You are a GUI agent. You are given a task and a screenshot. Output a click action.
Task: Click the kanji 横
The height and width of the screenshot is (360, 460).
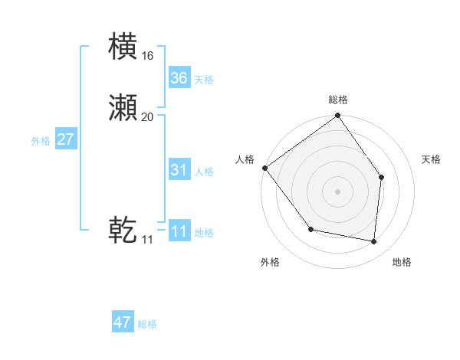click(123, 47)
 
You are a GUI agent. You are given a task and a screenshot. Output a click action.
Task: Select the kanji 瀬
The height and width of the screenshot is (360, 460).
click(123, 108)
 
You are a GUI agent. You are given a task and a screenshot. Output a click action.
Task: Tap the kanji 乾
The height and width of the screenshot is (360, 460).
click(123, 230)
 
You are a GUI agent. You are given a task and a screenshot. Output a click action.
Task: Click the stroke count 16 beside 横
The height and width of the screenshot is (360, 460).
click(147, 56)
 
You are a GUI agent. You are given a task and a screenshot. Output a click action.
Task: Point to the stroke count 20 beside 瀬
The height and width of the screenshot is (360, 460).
click(147, 117)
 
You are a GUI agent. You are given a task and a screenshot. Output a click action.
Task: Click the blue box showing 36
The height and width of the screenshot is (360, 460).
click(179, 78)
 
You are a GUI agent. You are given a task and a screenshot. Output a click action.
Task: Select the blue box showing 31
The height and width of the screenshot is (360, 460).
click(179, 170)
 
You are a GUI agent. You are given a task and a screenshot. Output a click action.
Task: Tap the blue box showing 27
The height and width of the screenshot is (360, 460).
click(66, 139)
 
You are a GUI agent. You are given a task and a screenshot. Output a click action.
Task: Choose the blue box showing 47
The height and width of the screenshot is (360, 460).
click(123, 322)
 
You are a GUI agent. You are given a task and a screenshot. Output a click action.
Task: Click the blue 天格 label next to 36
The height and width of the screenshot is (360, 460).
click(204, 80)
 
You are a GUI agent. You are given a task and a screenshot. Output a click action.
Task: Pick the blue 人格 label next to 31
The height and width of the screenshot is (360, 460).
click(204, 172)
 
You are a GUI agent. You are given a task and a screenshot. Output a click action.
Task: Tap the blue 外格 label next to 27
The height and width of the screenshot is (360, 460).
click(41, 141)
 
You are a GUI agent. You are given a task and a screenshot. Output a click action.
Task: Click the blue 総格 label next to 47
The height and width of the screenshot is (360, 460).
click(147, 324)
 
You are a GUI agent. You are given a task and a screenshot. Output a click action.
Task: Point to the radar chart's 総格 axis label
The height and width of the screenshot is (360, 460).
click(338, 100)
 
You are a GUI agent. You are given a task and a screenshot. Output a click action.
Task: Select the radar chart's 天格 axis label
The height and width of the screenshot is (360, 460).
click(432, 159)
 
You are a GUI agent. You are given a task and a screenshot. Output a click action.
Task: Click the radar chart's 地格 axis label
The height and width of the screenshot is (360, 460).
click(402, 262)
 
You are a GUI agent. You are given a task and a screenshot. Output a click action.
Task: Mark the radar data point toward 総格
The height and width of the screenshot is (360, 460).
click(338, 116)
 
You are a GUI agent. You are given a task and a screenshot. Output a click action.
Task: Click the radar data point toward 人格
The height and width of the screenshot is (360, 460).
click(265, 168)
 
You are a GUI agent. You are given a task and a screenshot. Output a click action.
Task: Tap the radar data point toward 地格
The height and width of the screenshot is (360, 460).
click(374, 241)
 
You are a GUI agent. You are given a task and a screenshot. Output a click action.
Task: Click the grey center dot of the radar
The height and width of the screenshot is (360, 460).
click(338, 191)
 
